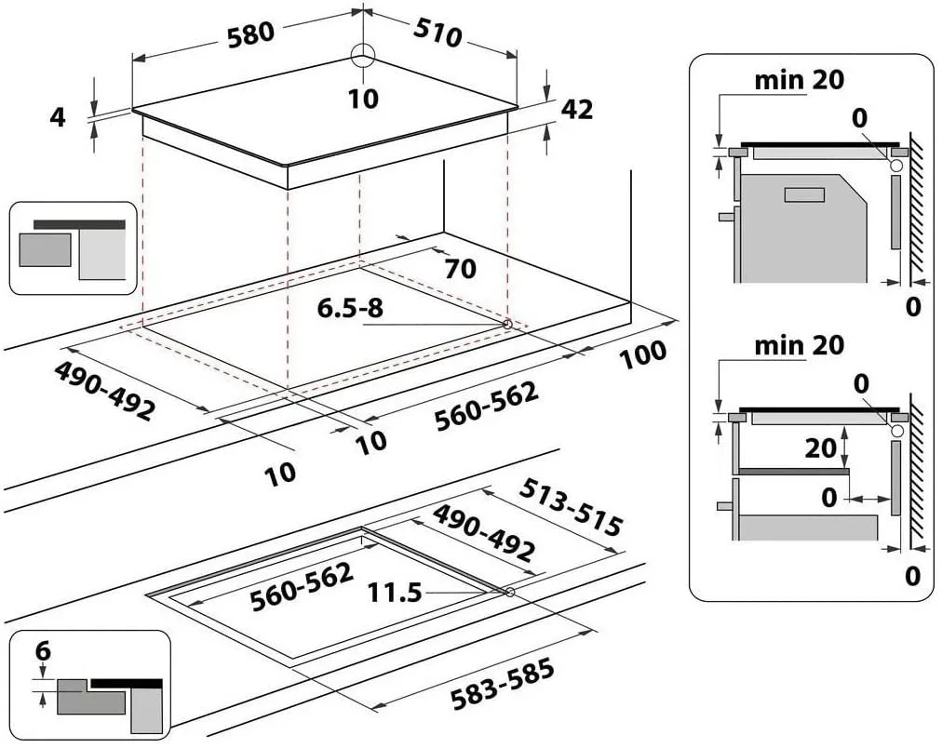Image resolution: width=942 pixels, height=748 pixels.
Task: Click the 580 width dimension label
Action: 250,33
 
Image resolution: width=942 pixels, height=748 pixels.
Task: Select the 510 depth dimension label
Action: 437,32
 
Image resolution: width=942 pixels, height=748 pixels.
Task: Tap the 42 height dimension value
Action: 577,109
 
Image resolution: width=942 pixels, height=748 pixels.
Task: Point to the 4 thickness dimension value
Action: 57,117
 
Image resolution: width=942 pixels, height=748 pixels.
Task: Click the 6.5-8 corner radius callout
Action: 350,308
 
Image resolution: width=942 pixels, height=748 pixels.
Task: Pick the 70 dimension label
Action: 460,269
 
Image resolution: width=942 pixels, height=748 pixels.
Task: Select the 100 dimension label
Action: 643,355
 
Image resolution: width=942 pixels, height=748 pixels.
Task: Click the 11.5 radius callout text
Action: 395,594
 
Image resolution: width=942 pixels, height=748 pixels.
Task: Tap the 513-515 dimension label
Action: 571,508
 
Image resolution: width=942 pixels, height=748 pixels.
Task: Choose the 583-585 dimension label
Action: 503,685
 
